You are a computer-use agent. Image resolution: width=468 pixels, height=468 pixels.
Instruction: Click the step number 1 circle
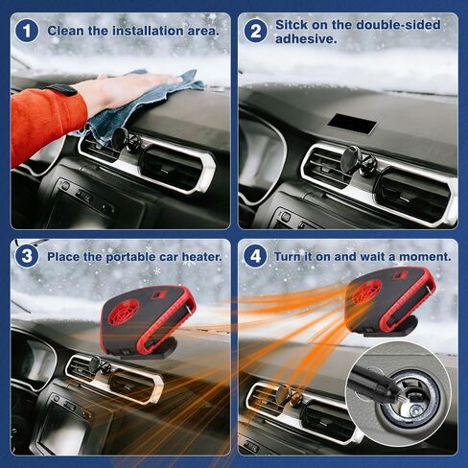pyautogui.click(x=27, y=32)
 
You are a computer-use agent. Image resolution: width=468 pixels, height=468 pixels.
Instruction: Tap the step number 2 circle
pyautogui.click(x=255, y=32)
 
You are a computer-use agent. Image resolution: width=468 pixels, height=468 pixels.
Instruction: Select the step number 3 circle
pyautogui.click(x=27, y=256)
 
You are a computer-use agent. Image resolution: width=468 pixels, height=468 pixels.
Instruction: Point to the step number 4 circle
pyautogui.click(x=255, y=256)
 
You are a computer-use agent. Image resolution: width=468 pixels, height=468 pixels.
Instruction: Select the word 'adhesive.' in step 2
pyautogui.click(x=306, y=39)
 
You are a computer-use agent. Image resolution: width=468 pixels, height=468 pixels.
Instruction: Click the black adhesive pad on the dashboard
pyautogui.click(x=353, y=124)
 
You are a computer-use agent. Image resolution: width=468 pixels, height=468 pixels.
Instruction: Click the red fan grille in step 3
pyautogui.click(x=124, y=312)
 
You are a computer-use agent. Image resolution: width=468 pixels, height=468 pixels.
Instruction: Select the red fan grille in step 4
pyautogui.click(x=366, y=292)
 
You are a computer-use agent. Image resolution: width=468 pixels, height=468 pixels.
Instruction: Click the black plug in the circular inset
pyautogui.click(x=375, y=382)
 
